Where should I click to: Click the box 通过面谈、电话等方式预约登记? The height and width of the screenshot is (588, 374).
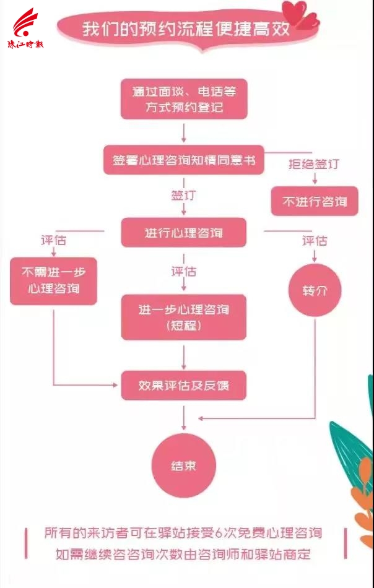pos(184,98)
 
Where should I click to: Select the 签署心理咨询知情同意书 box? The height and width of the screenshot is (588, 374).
pos(184,160)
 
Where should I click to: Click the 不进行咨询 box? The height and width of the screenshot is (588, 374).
pos(315,201)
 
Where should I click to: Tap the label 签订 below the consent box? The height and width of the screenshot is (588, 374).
pos(183,196)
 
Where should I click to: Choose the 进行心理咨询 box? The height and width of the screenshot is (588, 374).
pos(184,233)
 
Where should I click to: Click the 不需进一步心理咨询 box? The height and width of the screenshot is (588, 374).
pos(53,281)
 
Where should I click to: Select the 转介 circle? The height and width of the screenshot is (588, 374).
pos(315,290)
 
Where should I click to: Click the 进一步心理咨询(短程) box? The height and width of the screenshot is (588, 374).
pos(184,318)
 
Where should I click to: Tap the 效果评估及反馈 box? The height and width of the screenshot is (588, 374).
pos(184,386)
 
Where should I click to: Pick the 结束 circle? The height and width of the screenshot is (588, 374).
pos(183,466)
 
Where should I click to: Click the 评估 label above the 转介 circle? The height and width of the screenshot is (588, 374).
pos(315,241)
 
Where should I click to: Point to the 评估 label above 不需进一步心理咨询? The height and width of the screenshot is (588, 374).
pos(53,240)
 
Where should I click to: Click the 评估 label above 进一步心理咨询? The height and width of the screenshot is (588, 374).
pos(183,271)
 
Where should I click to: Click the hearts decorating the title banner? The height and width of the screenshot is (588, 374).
pos(300,14)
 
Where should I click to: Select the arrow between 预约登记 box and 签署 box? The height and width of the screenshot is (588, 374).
pos(184,132)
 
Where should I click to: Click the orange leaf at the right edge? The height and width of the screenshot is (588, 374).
pos(365,488)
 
